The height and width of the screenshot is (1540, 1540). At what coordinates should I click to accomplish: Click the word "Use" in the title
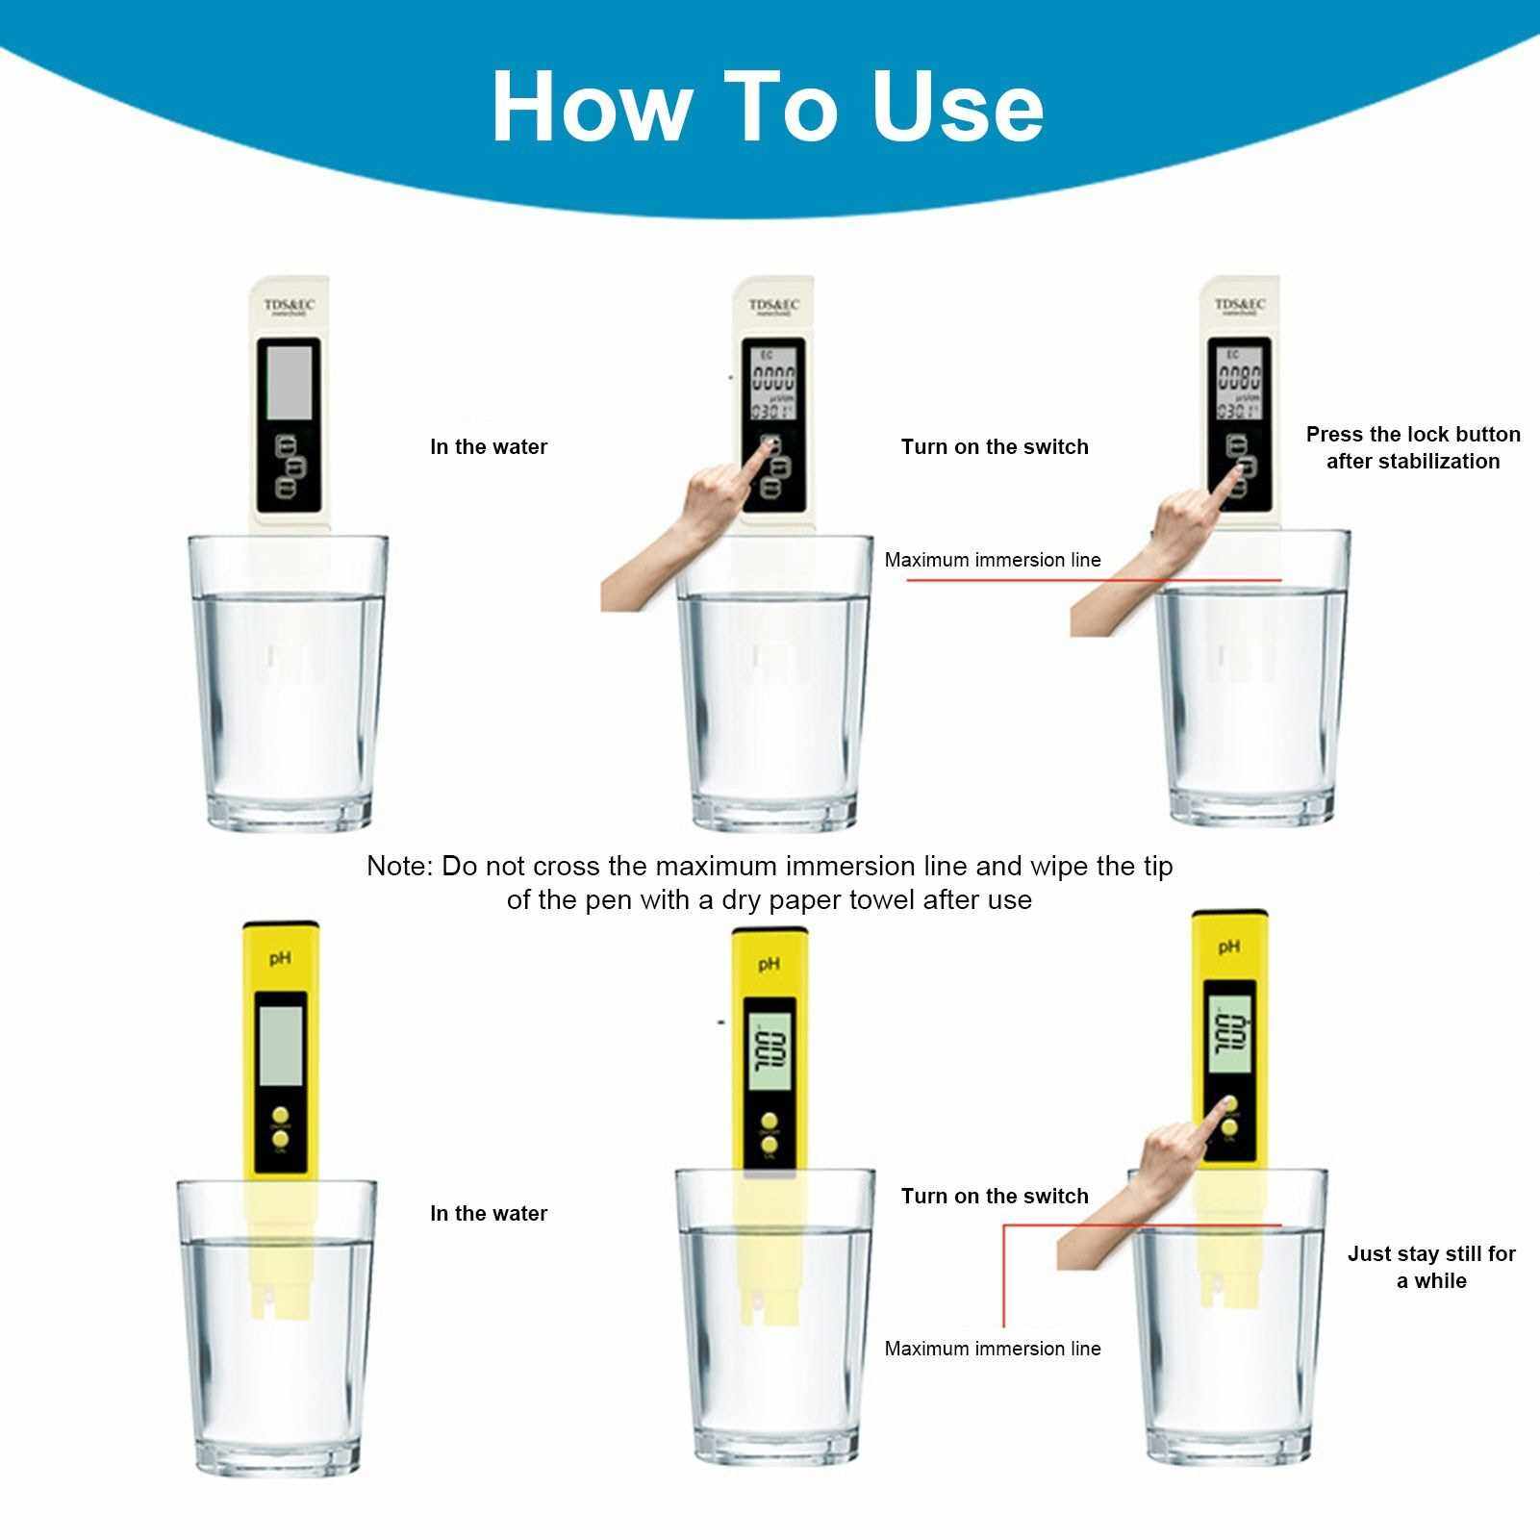click(957, 106)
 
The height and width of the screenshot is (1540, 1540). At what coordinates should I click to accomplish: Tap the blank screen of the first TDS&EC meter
click(289, 382)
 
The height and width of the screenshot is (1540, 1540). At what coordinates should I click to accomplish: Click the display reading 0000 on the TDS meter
click(772, 378)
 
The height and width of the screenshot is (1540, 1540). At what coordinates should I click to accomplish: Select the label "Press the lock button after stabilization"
click(1412, 447)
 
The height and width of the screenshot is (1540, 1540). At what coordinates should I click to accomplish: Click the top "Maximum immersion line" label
click(993, 560)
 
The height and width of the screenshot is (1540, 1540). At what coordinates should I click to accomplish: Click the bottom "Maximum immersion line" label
click(993, 1349)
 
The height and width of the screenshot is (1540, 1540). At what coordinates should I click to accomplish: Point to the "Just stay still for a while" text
click(1430, 1267)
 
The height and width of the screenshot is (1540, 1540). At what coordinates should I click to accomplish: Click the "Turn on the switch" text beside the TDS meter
click(995, 446)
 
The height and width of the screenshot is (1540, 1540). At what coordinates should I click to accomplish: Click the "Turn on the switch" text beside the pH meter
click(995, 1196)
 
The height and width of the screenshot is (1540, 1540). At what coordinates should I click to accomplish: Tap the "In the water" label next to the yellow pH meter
click(489, 1213)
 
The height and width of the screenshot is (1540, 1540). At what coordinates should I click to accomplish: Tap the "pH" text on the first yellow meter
click(280, 958)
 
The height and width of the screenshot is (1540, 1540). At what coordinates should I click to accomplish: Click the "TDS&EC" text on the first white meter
click(289, 305)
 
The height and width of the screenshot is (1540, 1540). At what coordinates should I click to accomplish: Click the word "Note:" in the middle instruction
click(400, 866)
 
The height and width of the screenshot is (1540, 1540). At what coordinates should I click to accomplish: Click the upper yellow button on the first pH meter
click(280, 1108)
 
